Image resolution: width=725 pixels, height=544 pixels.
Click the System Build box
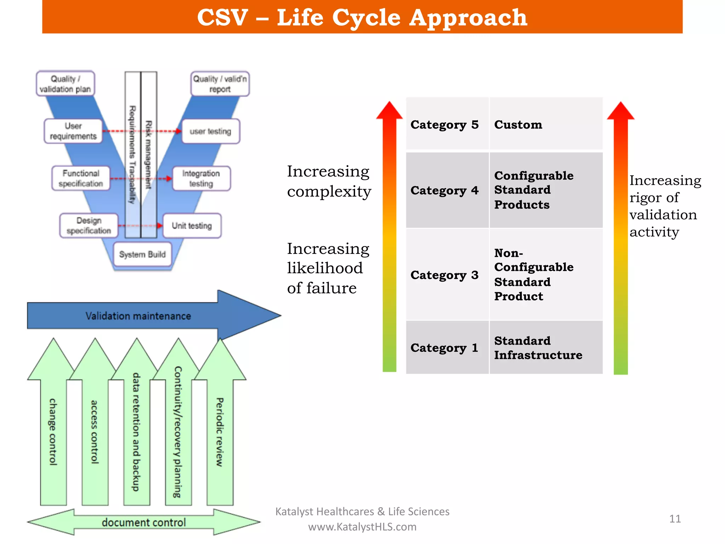click(142, 254)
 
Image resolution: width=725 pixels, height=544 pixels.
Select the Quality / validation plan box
click(65, 84)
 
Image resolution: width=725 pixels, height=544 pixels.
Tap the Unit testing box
click(192, 226)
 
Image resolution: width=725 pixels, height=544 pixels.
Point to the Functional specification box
click(81, 178)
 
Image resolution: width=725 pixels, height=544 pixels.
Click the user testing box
click(211, 131)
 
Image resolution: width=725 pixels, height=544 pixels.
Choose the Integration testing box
click(201, 178)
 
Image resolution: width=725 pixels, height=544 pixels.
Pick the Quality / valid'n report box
click(220, 84)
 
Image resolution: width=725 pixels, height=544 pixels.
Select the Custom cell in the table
click(546, 124)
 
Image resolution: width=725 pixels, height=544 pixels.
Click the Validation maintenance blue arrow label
click(138, 316)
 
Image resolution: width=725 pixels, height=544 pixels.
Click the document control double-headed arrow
click(144, 522)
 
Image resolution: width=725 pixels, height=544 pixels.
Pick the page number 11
click(675, 519)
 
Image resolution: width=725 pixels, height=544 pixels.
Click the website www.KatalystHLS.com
click(362, 527)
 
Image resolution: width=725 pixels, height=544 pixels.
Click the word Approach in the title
click(468, 18)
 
